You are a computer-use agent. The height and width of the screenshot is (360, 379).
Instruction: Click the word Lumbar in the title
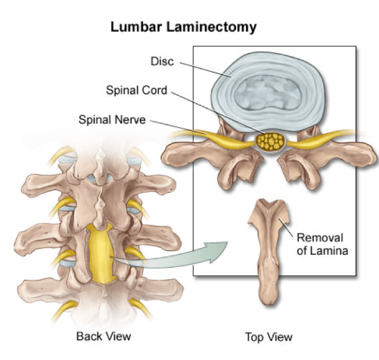point(136,26)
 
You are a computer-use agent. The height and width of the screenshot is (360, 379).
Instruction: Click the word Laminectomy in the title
point(211,28)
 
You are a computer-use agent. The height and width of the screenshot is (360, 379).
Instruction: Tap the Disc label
point(162,61)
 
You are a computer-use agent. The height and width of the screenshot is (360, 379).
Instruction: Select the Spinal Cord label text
point(136,90)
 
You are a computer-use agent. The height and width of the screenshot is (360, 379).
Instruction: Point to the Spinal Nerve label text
point(112,119)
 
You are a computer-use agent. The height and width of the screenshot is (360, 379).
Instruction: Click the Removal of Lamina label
point(322,244)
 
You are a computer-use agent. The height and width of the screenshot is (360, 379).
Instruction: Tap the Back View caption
point(104,337)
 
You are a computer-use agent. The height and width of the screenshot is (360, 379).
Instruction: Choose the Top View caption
point(269,337)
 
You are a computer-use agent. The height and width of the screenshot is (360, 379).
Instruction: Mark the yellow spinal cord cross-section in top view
point(271,142)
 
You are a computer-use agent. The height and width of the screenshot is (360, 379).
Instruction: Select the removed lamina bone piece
point(269,252)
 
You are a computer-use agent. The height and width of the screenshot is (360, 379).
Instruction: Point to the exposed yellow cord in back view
point(101,253)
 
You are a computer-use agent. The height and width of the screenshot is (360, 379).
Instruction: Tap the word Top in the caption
point(255,337)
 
